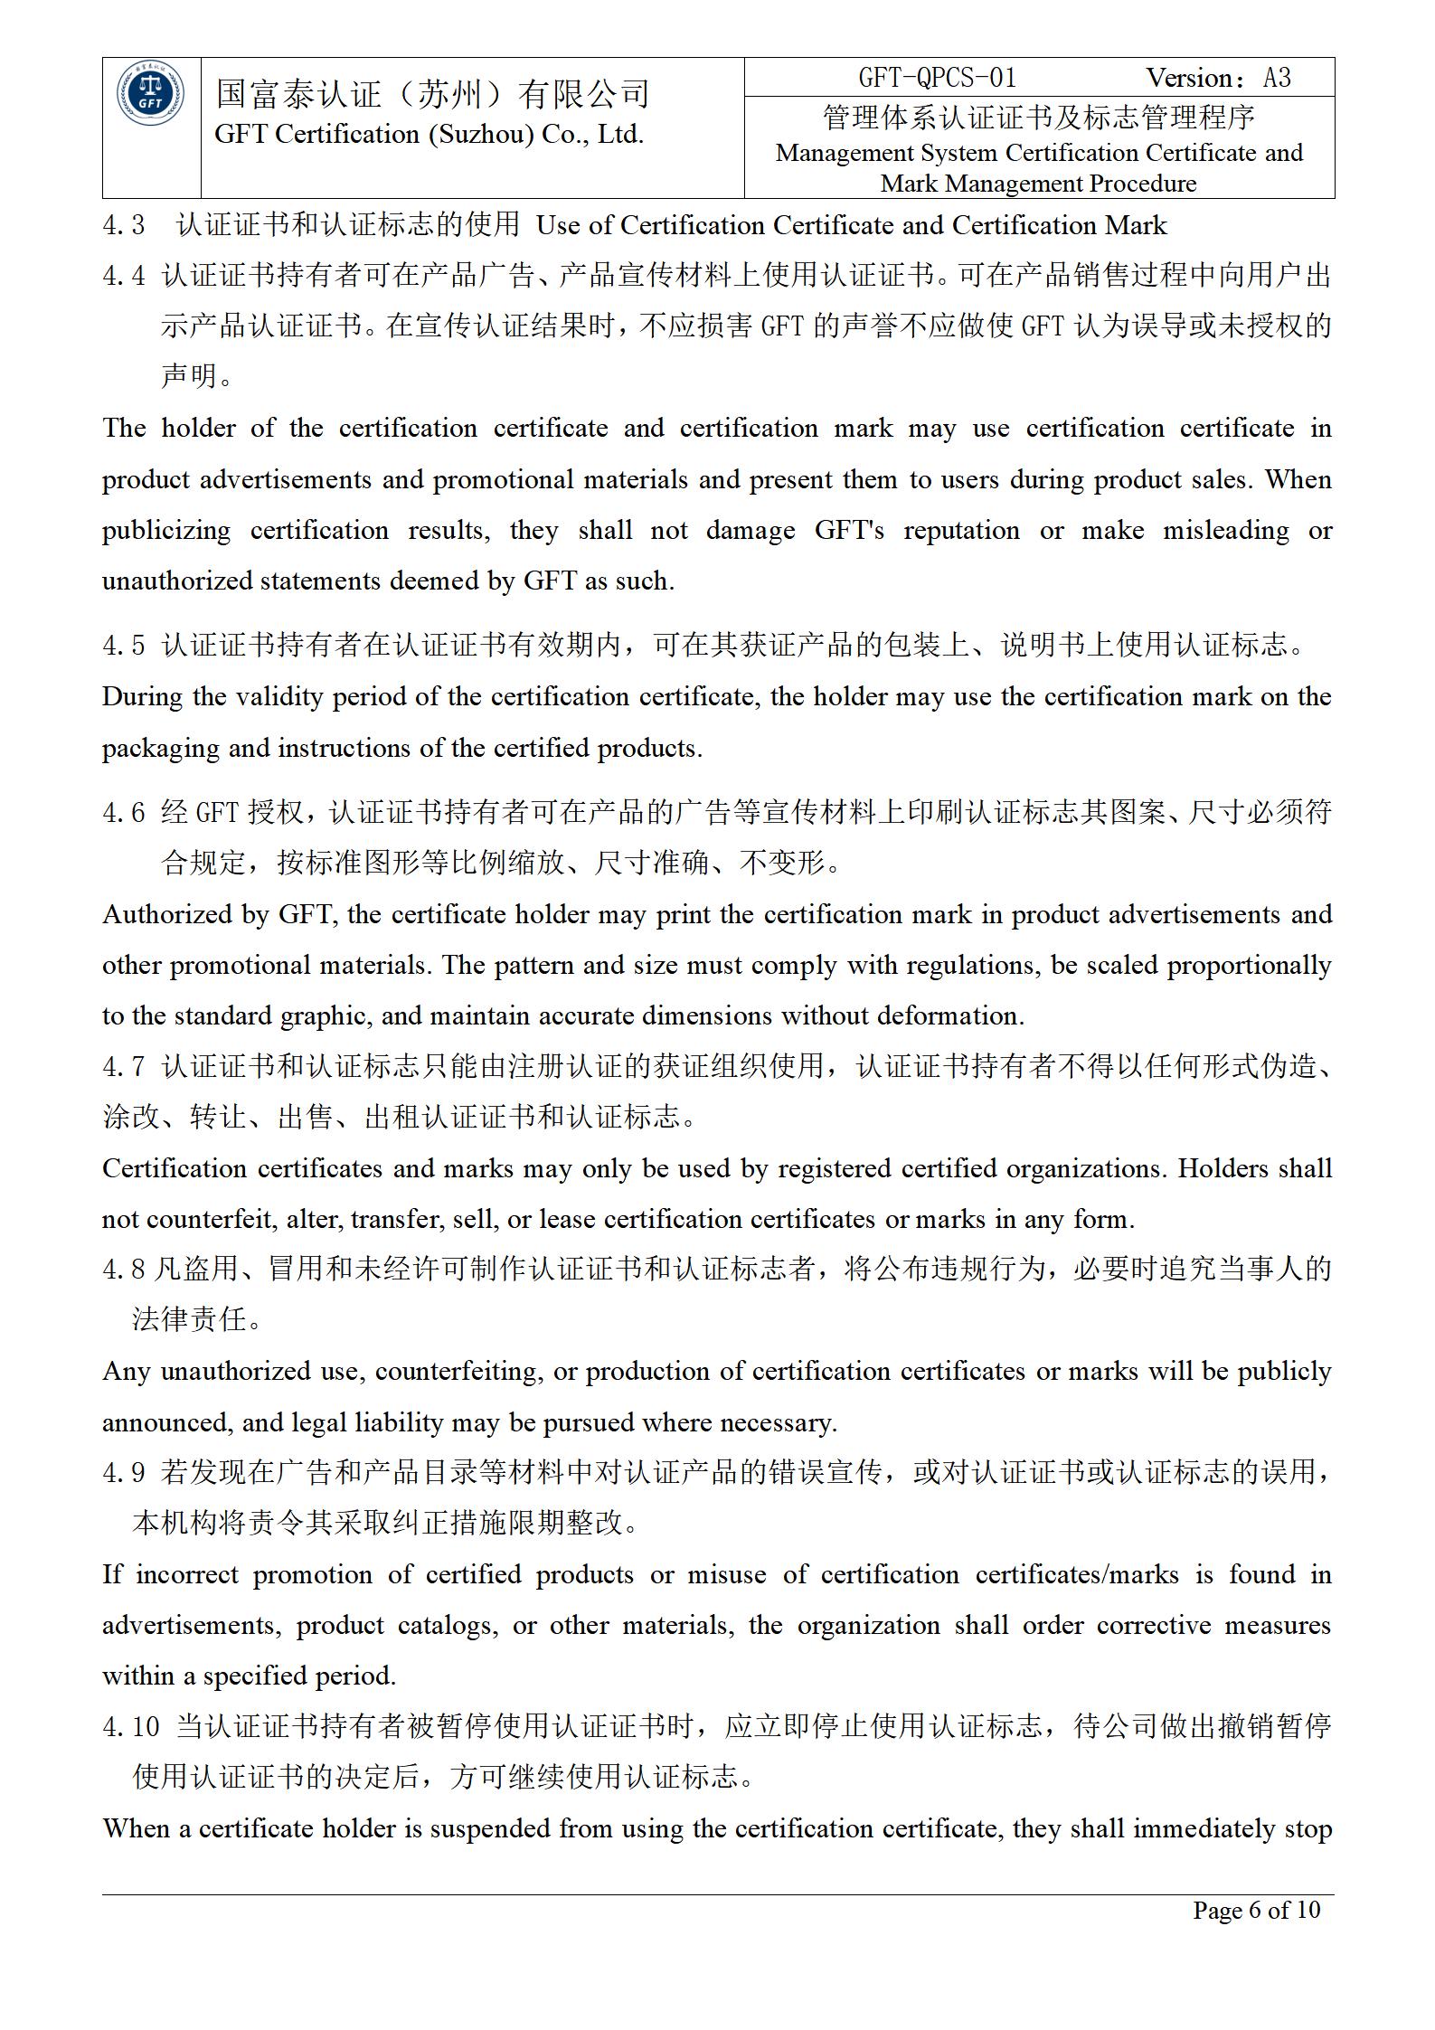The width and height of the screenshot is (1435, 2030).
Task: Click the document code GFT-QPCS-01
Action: pos(938,79)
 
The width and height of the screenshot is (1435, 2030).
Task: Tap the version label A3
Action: pos(1277,79)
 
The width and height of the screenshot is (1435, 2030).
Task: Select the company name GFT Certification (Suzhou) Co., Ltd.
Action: pos(429,135)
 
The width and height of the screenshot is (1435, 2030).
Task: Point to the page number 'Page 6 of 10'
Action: pos(1256,1910)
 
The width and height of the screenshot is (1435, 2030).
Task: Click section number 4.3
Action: pos(123,225)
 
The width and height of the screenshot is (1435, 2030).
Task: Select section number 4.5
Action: pos(123,646)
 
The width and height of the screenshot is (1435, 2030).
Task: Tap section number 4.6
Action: pos(123,813)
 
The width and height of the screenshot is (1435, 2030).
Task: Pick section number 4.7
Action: pos(123,1067)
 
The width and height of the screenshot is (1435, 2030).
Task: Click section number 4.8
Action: pos(123,1270)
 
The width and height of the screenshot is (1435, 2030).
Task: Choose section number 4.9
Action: pos(123,1473)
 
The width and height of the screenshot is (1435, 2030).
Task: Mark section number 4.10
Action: pos(131,1727)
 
